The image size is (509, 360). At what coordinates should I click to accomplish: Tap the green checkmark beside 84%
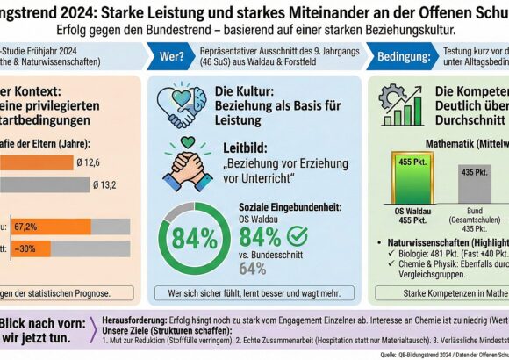point(298,237)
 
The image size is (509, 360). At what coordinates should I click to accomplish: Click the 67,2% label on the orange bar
point(25,227)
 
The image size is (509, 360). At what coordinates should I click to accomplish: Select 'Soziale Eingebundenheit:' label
point(278,206)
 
